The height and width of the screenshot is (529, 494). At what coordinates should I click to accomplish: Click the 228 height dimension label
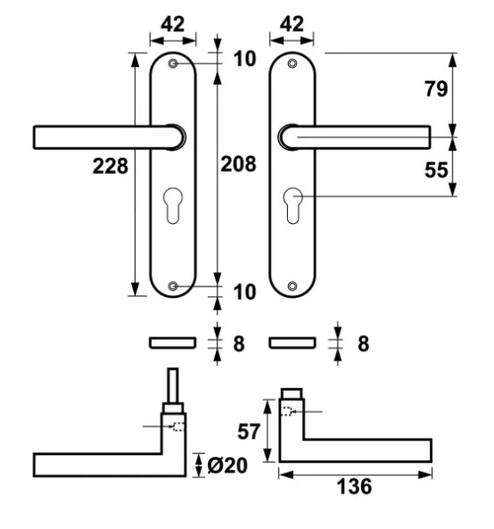coord(111,166)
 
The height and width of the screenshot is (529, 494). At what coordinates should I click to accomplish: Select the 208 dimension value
coord(238,164)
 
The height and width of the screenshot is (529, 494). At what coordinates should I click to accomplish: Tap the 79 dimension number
coord(436,89)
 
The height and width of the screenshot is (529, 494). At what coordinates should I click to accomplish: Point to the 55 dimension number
coord(436,169)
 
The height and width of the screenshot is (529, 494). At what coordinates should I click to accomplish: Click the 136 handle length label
coord(354,486)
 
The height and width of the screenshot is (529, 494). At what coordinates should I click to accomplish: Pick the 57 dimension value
coord(249,432)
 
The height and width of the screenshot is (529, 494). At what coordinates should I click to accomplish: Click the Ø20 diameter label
coord(227,466)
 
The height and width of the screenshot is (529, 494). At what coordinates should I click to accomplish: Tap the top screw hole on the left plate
coord(173,63)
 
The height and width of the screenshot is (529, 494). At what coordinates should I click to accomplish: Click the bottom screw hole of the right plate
coord(292,286)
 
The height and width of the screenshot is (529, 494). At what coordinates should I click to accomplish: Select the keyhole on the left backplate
coord(173,205)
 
